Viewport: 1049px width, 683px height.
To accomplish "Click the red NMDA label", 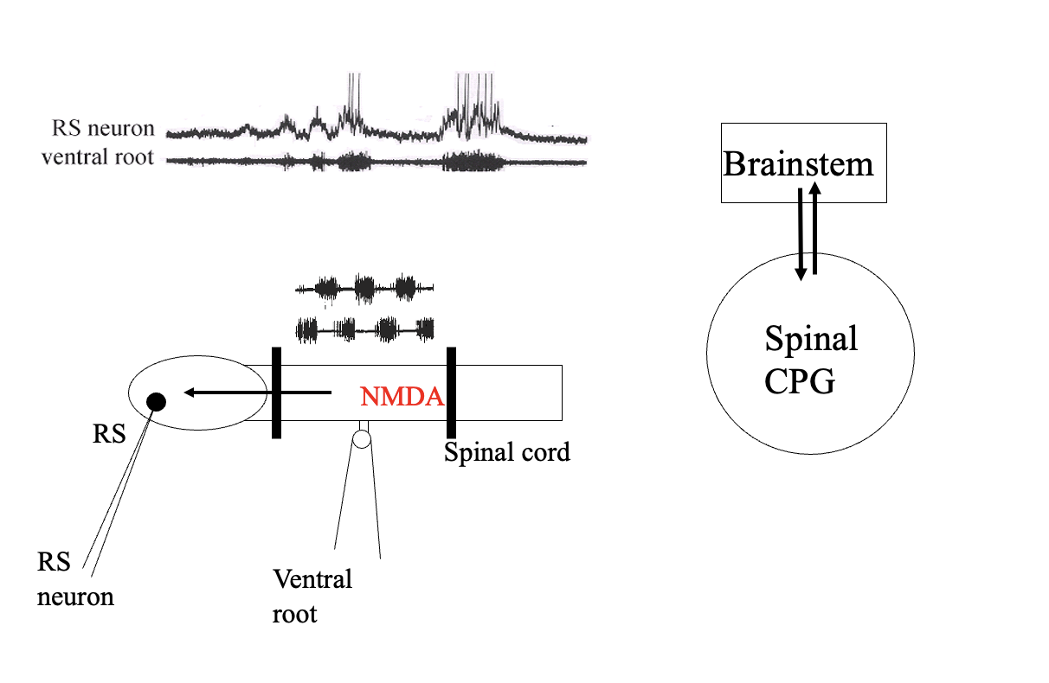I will pyautogui.click(x=401, y=397).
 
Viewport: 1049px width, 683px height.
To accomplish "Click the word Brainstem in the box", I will pyautogui.click(x=798, y=163).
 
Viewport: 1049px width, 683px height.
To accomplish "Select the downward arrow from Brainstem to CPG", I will pyautogui.click(x=801, y=233).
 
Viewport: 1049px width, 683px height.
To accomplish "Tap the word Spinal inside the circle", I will pyautogui.click(x=810, y=338).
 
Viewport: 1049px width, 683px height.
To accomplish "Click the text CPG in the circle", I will pyautogui.click(x=800, y=381).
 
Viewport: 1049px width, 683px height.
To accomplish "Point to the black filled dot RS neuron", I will pyautogui.click(x=157, y=401).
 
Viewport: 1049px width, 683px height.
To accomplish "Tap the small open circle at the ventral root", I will pyautogui.click(x=362, y=439).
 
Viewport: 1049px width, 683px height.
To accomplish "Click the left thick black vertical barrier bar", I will pyautogui.click(x=276, y=393).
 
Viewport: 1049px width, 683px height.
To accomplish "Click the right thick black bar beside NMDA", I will pyautogui.click(x=451, y=393).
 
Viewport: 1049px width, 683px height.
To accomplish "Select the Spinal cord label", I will pyautogui.click(x=507, y=451).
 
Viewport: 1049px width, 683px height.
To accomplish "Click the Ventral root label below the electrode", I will pyautogui.click(x=312, y=596).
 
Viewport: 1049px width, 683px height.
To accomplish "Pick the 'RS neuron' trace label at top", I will pyautogui.click(x=102, y=130).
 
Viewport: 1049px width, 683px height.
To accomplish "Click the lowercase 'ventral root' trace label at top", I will pyautogui.click(x=97, y=158).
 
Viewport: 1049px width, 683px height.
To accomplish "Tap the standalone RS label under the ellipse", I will pyautogui.click(x=109, y=434).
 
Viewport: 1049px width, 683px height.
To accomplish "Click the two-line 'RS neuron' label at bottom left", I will pyautogui.click(x=74, y=579).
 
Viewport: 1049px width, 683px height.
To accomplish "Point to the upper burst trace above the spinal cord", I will pyautogui.click(x=364, y=287).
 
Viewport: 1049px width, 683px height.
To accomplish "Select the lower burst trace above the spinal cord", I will pyautogui.click(x=364, y=329).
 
